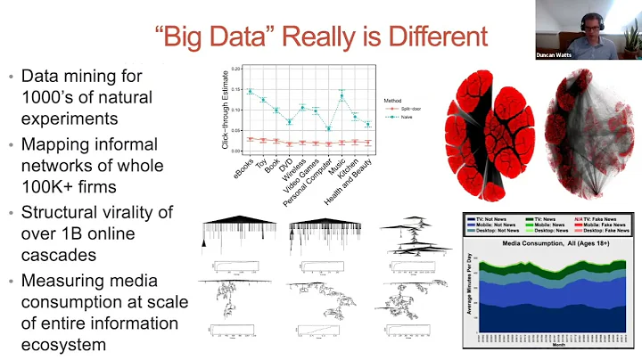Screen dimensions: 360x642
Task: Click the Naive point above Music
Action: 342,96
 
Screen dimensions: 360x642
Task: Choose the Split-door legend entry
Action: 404,107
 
